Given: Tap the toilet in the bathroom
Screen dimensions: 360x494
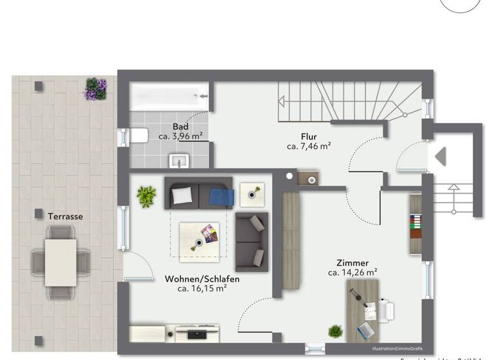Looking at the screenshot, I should [x=136, y=136].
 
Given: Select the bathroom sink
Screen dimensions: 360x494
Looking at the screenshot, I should [x=178, y=159].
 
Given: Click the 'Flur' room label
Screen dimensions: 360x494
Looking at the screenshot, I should [x=309, y=136].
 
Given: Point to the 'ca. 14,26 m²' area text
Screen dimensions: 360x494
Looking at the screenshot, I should [x=352, y=273].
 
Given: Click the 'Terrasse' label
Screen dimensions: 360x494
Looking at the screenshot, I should [x=65, y=217].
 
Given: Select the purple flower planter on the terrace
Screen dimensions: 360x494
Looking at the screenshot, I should [x=95, y=89].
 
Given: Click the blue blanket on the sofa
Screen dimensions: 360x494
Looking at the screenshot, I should [x=221, y=196].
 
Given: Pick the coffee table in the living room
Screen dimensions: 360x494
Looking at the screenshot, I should [x=199, y=241].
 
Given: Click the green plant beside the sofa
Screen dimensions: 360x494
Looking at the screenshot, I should [x=146, y=196].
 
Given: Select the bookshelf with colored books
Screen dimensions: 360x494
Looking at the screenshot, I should [x=416, y=224].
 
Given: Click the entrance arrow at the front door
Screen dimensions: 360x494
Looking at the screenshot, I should [x=441, y=157].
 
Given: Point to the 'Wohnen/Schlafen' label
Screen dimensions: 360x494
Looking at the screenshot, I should [x=202, y=279].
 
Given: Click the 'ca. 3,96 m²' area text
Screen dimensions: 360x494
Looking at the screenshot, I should [x=181, y=136].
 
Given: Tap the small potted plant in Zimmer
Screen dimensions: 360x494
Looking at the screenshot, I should [x=335, y=331].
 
